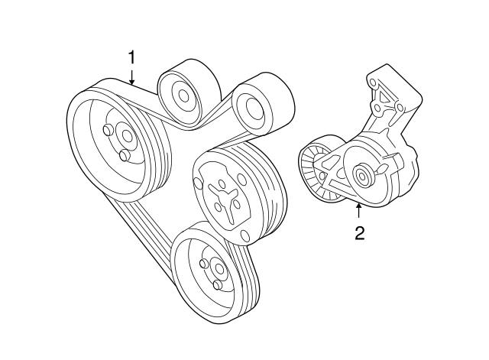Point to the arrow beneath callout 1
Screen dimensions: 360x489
click(131, 76)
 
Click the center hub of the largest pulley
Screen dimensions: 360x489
click(124, 138)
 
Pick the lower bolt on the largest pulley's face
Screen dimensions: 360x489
click(122, 157)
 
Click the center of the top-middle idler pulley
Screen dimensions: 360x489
click(183, 96)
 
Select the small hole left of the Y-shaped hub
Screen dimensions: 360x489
click(199, 184)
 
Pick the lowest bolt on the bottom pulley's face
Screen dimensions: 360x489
click(218, 286)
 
